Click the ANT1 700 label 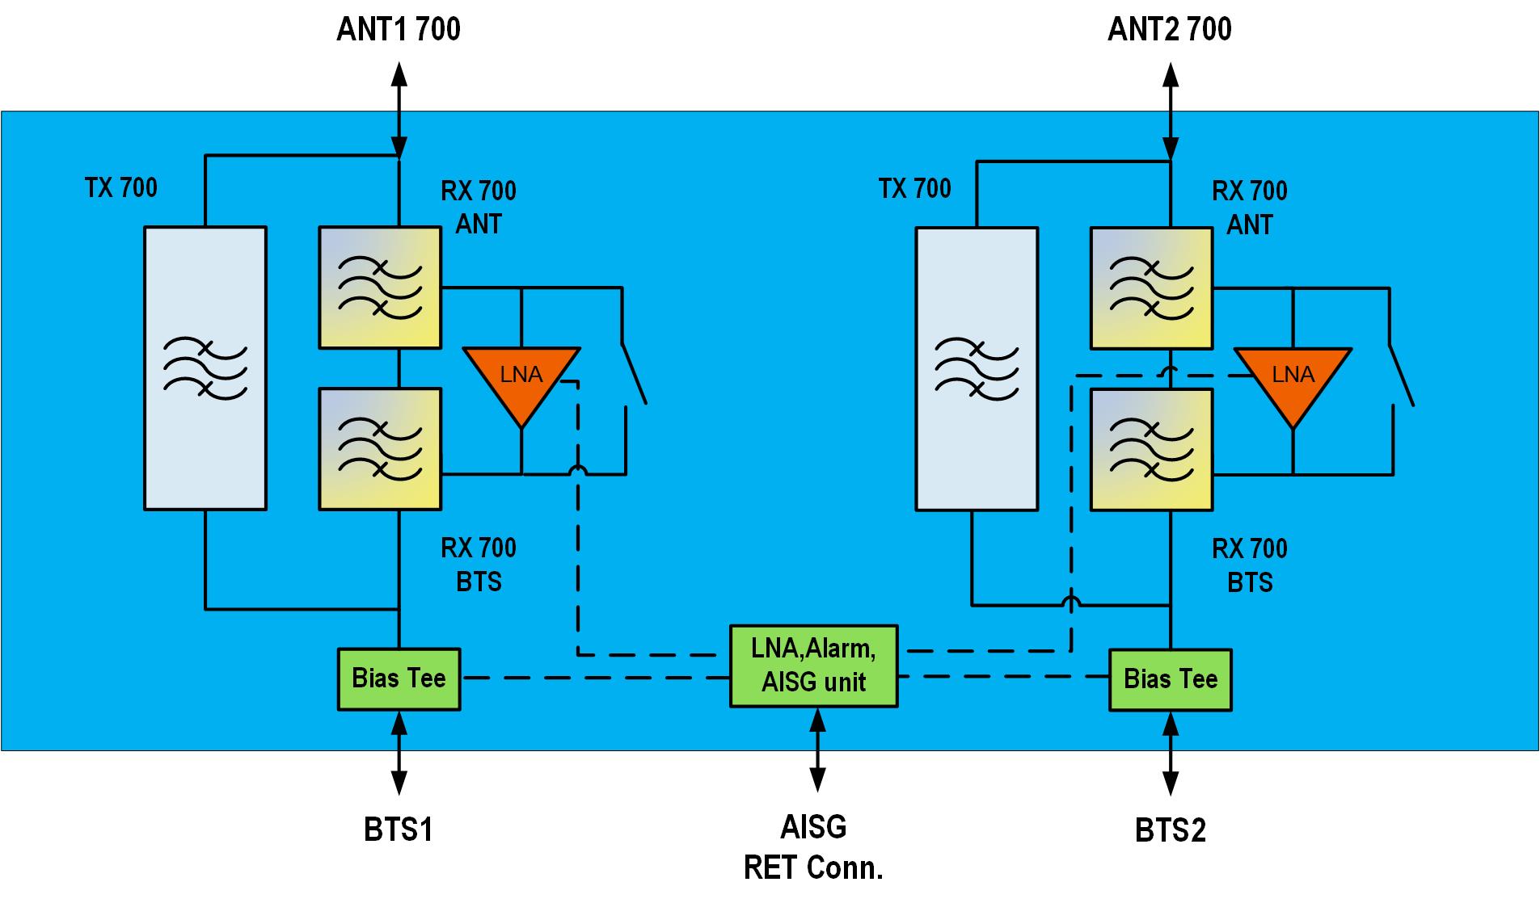pyautogui.click(x=398, y=30)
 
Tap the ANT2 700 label pyautogui.click(x=1169, y=30)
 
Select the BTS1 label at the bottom pyautogui.click(x=399, y=829)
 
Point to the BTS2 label pyautogui.click(x=1170, y=830)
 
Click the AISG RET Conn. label pyautogui.click(x=813, y=847)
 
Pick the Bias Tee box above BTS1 pyautogui.click(x=399, y=678)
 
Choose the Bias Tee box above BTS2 pyautogui.click(x=1170, y=679)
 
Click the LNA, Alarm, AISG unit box pyautogui.click(x=813, y=666)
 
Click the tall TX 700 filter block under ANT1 pyautogui.click(x=205, y=368)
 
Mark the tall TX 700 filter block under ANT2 pyautogui.click(x=977, y=369)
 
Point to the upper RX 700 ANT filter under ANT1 pyautogui.click(x=380, y=288)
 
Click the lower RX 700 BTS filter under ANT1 pyautogui.click(x=380, y=449)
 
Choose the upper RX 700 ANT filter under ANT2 pyautogui.click(x=1151, y=288)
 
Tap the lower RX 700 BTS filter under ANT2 pyautogui.click(x=1151, y=450)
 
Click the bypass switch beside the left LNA pyautogui.click(x=633, y=376)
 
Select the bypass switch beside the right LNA pyautogui.click(x=1401, y=376)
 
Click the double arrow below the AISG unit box pyautogui.click(x=817, y=749)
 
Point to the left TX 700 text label pyautogui.click(x=121, y=188)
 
